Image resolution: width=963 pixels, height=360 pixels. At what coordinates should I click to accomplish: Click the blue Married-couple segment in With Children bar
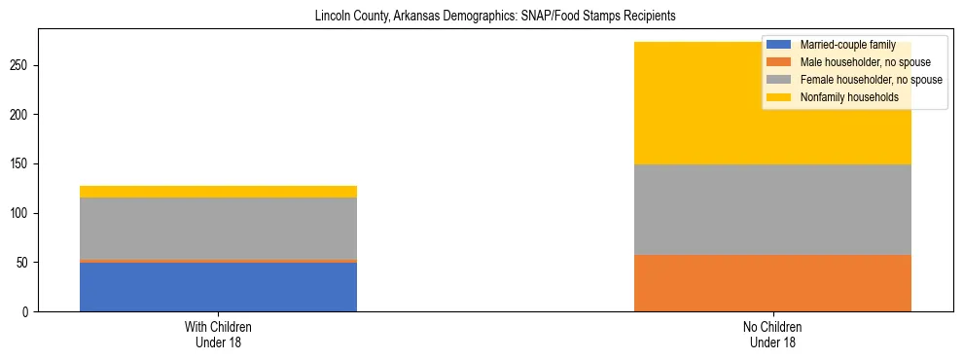218,287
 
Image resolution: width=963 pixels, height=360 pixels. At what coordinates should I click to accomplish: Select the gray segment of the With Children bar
218,229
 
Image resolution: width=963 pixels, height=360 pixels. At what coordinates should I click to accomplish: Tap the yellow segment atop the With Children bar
218,192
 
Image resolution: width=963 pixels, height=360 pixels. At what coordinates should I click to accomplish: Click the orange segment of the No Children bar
772,283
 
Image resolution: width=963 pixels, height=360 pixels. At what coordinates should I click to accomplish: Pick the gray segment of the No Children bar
772,209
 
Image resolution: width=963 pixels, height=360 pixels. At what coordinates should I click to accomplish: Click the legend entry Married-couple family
842,45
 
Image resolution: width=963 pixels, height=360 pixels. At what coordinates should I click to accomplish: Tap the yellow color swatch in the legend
779,97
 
